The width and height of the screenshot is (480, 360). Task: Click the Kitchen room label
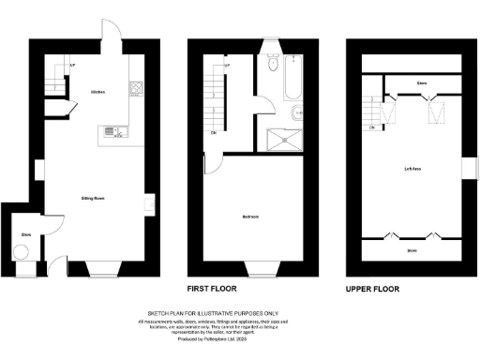97,92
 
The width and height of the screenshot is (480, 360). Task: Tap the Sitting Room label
92,199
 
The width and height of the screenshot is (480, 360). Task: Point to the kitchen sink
112,131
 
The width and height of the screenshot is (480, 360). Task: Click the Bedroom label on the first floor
249,217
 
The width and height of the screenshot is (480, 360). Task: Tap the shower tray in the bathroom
284,140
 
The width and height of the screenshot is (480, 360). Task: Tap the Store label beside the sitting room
25,234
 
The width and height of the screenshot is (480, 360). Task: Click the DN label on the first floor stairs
215,132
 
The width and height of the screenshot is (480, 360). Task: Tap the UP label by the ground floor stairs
72,65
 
